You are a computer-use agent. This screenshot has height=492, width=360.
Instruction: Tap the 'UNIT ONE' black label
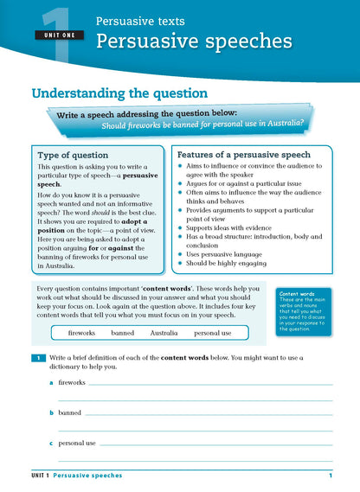(x=56, y=35)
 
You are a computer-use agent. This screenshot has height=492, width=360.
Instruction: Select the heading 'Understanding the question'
(x=119, y=93)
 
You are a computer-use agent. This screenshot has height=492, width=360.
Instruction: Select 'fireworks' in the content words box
(x=81, y=332)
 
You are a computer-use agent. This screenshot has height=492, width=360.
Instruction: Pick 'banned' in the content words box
(x=123, y=332)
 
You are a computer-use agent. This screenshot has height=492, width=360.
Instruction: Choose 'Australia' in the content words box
(x=164, y=332)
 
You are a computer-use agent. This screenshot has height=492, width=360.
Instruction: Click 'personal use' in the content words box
(x=213, y=332)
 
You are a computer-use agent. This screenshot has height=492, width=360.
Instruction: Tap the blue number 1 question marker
(x=38, y=357)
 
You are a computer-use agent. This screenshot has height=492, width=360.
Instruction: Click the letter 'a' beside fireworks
(x=51, y=381)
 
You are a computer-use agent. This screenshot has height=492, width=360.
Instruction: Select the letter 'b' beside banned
(x=51, y=412)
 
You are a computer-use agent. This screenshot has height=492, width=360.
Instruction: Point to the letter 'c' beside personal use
(x=51, y=443)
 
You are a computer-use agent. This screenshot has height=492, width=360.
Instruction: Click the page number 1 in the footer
(x=331, y=476)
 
